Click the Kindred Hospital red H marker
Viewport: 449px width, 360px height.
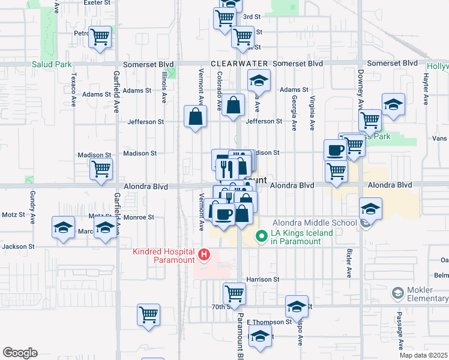pos(204,256)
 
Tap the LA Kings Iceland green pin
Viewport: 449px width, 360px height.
pos(261,236)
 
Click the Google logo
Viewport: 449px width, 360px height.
pos(20,353)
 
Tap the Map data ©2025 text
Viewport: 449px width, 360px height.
pos(424,355)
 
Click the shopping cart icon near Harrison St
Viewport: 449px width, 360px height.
pos(234,293)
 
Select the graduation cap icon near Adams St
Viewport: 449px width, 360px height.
pos(259,80)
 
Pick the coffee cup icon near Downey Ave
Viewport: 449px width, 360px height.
pos(335,149)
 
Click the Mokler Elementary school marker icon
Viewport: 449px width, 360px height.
pos(397,293)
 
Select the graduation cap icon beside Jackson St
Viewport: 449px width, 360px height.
pos(63,227)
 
